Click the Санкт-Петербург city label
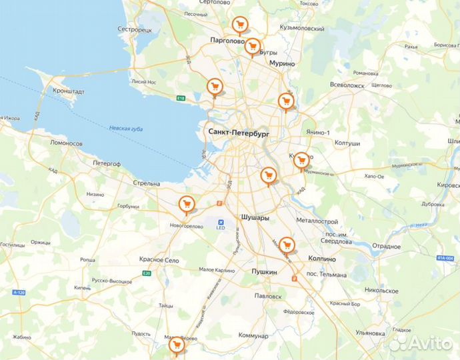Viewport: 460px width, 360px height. [238, 133]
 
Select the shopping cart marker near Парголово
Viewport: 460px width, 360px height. [239, 25]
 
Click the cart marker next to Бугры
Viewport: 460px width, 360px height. [252, 46]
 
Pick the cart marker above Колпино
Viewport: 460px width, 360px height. [287, 245]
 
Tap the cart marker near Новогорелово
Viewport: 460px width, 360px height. [187, 205]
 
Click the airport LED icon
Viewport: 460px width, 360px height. [221, 222]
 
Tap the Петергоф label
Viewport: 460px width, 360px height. [107, 162]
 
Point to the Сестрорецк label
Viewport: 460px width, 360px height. [135, 30]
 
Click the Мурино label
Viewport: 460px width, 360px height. [282, 63]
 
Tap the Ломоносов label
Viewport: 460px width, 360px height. [65, 143]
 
